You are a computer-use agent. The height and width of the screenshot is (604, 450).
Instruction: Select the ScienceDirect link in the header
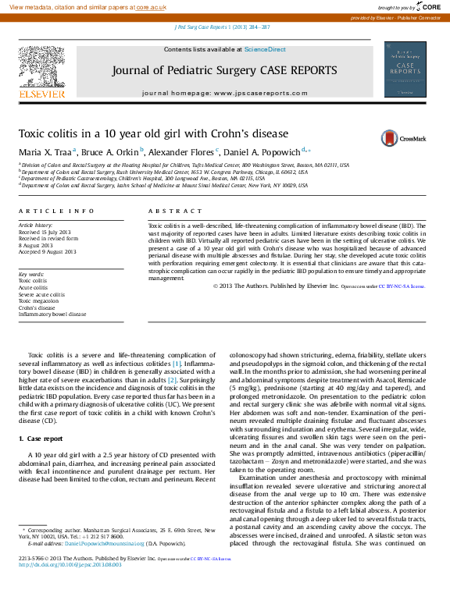[x=265, y=49]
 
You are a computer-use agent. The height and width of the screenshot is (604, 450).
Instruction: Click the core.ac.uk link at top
[x=151, y=7]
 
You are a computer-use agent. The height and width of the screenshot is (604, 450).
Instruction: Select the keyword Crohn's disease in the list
[x=37, y=307]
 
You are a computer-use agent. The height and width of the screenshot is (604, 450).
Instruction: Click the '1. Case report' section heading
[x=41, y=439]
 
